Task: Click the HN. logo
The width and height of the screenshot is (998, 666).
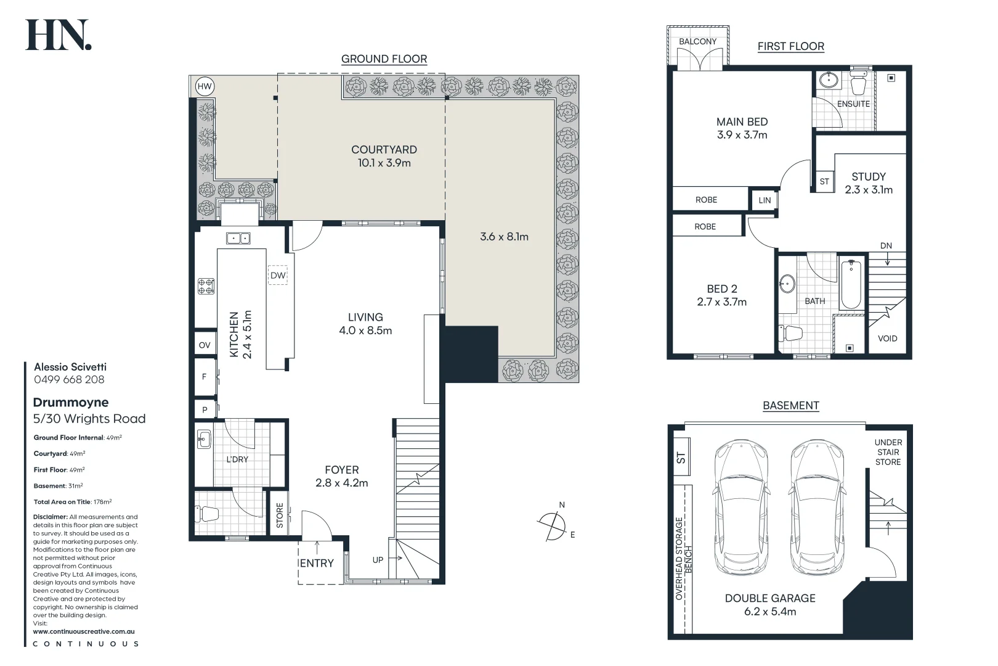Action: point(59,35)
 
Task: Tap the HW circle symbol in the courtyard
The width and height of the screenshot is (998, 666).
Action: point(205,86)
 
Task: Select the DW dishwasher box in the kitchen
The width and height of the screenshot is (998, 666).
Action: point(278,275)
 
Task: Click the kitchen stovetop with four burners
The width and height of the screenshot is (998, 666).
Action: point(206,286)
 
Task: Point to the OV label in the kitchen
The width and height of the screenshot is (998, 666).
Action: point(205,345)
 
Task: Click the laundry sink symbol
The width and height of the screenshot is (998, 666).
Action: point(204,440)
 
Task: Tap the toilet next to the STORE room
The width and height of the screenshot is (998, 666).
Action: point(208,514)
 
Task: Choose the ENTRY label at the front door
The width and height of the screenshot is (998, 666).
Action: point(317,564)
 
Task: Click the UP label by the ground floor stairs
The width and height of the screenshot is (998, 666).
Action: point(378,560)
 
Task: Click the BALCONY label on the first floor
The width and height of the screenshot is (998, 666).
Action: point(698,41)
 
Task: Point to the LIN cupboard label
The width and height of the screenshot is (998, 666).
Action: point(765,200)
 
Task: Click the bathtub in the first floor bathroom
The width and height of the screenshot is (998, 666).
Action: point(851,284)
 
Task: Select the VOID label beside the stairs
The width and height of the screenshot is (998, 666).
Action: point(888,339)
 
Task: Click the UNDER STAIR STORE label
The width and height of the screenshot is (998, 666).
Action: point(888,453)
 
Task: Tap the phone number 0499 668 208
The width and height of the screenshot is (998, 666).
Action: point(69,380)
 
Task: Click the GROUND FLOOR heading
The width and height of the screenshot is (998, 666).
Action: point(384,59)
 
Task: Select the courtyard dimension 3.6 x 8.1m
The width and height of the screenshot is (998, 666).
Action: point(505,236)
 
